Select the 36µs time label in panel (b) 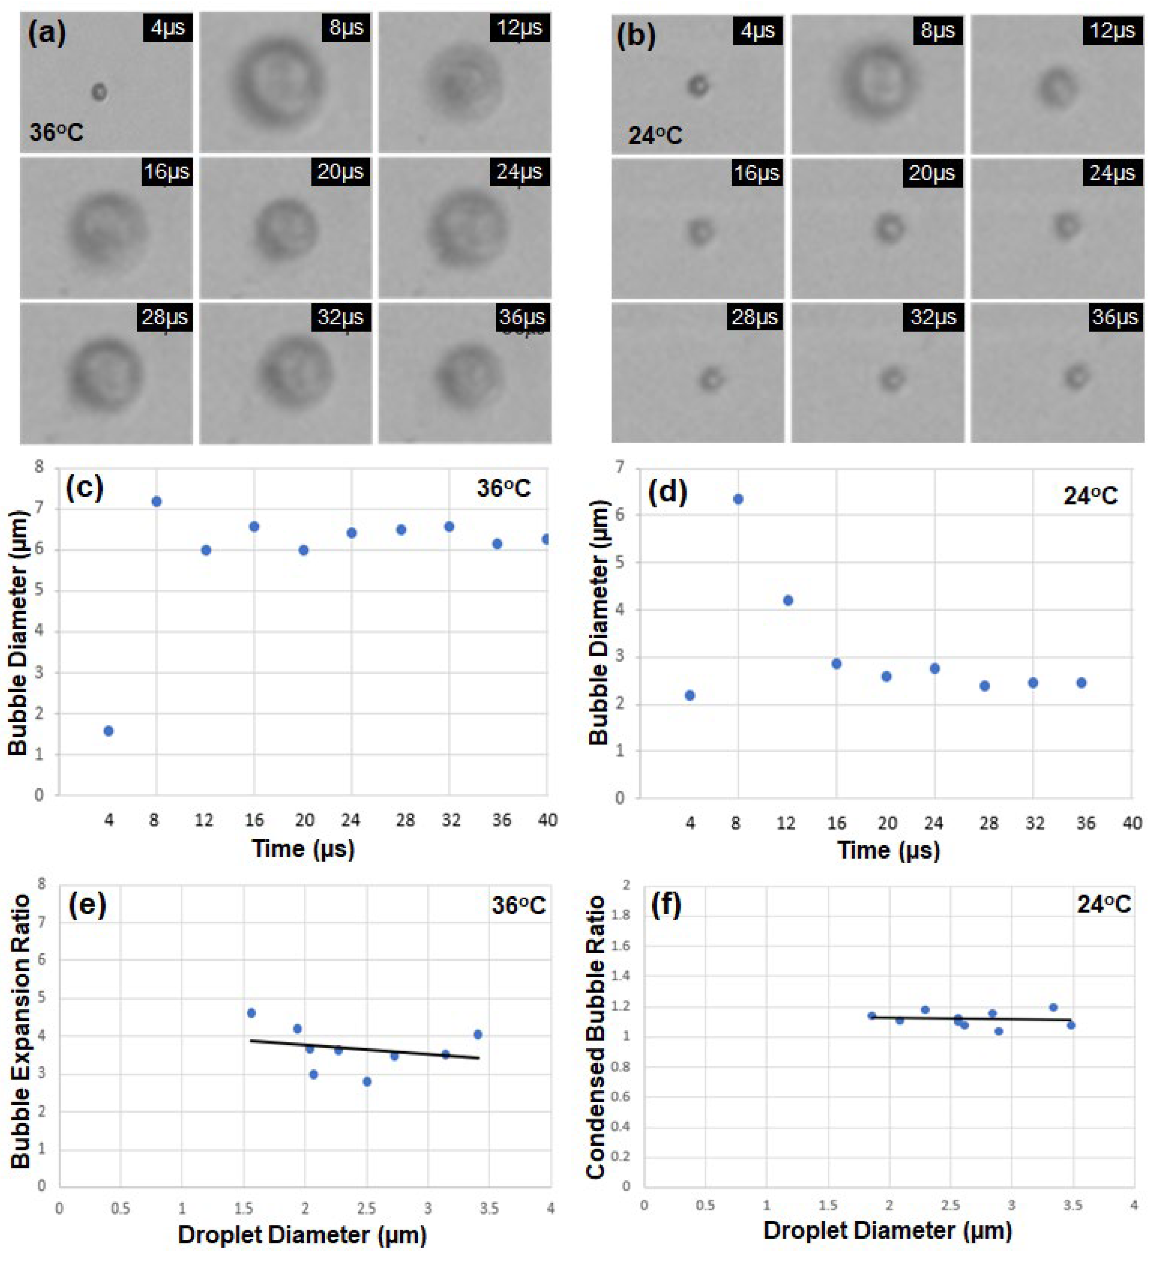(1115, 317)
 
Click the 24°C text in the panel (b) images (655, 135)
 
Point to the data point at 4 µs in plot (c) (108, 731)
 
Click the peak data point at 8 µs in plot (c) (156, 501)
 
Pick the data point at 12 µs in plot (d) (788, 600)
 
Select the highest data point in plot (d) (739, 499)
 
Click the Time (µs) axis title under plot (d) (888, 850)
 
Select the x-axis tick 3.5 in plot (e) (489, 1209)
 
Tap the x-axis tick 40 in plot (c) (547, 820)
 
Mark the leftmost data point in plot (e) (251, 1013)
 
